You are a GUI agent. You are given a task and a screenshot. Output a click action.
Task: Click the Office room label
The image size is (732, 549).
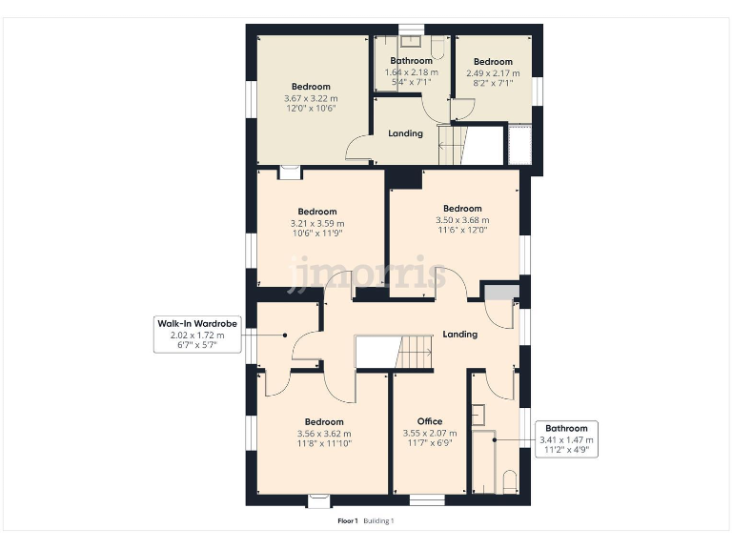pos(430,421)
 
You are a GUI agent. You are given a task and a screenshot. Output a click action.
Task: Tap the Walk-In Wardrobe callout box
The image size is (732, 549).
pos(197,335)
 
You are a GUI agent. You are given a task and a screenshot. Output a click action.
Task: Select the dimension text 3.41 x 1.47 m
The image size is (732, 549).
pos(567,439)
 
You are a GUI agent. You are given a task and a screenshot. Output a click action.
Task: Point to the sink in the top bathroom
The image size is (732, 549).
pos(411,41)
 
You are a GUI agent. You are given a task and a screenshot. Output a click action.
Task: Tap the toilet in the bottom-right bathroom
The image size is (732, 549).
pos(509,481)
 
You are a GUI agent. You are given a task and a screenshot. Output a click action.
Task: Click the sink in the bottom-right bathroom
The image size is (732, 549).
pos(478,415)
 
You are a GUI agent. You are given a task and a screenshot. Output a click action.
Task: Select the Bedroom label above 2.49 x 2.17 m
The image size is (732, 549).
pos(493,62)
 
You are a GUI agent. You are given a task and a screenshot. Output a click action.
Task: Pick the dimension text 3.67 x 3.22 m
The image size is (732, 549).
pos(311,98)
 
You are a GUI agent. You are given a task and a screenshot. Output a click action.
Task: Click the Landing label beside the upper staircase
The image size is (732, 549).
pos(405,133)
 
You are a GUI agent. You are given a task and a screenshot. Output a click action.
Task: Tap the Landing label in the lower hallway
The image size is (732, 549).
pos(460,335)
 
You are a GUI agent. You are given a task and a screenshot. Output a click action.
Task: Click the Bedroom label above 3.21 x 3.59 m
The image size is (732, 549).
pos(317,212)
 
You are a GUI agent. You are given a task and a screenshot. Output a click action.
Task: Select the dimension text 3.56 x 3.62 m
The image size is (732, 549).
pos(324,433)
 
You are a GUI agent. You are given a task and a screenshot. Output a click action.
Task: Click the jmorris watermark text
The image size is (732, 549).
pos(366,274)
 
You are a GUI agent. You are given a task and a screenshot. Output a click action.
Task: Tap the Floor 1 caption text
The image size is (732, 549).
pos(347,521)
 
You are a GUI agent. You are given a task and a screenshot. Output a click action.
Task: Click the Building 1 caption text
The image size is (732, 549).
pos(378,521)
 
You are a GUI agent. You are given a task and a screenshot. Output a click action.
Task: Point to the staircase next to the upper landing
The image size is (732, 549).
pos(452,145)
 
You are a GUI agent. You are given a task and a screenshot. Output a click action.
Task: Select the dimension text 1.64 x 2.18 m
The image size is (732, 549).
pos(411,72)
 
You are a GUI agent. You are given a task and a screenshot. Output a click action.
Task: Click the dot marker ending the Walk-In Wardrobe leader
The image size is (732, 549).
pos(285,335)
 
